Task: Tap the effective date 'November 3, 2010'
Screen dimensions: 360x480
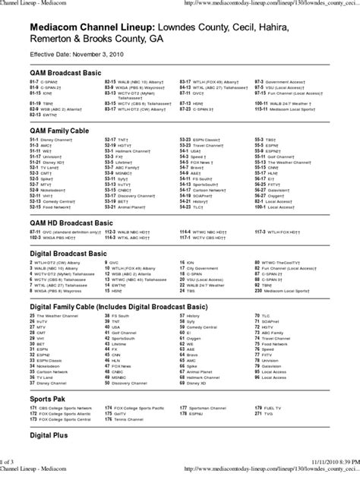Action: click(99, 55)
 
